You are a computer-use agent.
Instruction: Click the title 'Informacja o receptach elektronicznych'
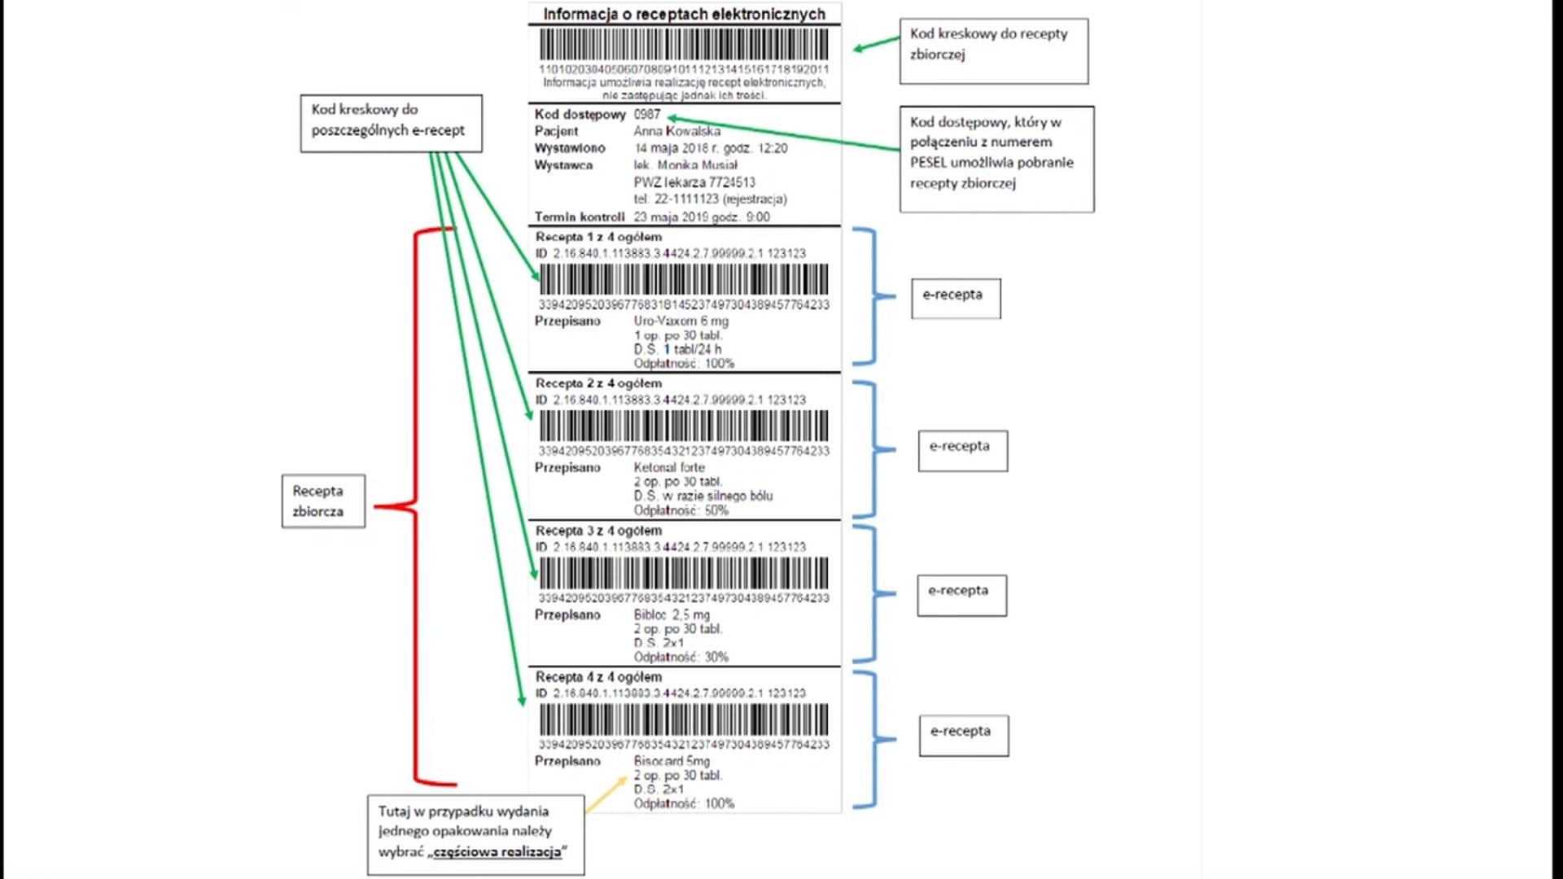tap(684, 14)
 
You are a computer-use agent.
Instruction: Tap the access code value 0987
tap(647, 115)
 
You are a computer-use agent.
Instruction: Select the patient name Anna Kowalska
tap(676, 131)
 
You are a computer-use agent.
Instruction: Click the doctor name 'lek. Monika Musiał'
tap(685, 165)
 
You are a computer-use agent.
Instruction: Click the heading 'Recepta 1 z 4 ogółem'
tap(598, 237)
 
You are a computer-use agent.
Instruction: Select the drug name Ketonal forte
tap(669, 468)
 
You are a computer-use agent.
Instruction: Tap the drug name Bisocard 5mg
tap(672, 761)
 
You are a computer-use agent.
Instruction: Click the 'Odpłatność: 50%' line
tap(681, 511)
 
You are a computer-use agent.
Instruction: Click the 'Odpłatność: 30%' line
tap(681, 658)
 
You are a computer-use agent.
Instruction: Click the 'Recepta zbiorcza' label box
tap(323, 501)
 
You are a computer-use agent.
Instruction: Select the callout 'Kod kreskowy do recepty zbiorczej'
tap(993, 50)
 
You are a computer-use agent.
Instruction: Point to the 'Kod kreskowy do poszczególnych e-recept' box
tap(391, 123)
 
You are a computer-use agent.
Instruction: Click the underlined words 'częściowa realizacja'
tap(497, 852)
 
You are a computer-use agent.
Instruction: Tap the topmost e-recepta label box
tap(956, 298)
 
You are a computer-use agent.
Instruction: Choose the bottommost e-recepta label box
tap(964, 735)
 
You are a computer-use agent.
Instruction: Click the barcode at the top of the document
tap(684, 44)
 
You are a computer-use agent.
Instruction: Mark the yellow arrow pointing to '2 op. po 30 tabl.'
tap(606, 794)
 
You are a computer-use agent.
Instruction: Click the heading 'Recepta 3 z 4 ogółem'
tap(598, 531)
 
